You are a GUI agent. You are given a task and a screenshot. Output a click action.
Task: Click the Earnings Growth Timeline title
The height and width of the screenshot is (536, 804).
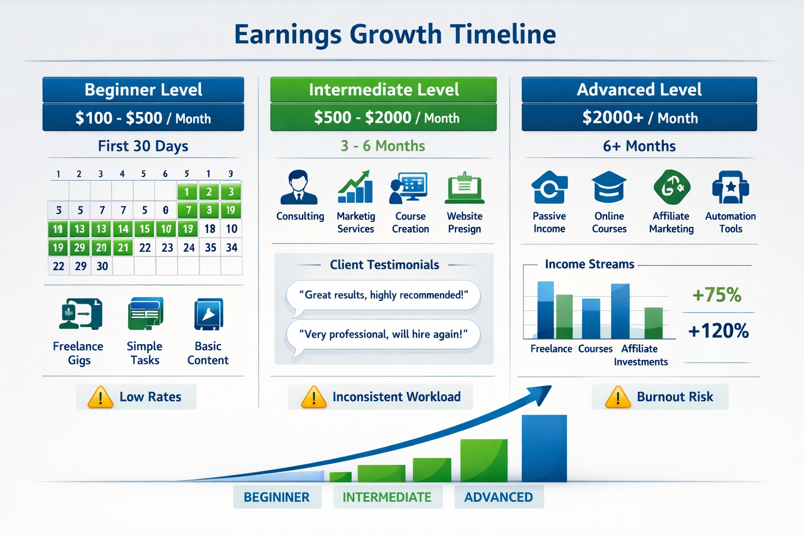[395, 35]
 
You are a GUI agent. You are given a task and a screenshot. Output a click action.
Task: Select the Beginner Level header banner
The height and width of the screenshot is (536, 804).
[143, 90]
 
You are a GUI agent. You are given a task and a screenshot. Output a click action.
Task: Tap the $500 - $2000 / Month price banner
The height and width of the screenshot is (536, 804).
[383, 117]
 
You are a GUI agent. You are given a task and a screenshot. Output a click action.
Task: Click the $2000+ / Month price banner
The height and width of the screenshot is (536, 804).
[639, 117]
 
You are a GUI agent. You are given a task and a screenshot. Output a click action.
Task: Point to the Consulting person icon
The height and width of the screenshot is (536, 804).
[299, 187]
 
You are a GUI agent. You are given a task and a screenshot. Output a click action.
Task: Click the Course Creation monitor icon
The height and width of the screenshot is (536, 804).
[409, 187]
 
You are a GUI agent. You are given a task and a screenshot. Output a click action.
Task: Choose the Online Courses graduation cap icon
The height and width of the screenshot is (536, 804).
[609, 187]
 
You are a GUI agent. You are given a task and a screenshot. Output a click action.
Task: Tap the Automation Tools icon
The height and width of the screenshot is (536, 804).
[730, 187]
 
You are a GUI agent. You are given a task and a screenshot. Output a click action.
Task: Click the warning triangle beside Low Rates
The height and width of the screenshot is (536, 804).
[100, 397]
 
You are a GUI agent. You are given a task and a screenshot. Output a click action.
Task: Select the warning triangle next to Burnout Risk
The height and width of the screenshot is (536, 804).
[618, 397]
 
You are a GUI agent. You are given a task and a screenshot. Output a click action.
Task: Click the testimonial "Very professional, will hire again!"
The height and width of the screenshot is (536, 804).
[383, 334]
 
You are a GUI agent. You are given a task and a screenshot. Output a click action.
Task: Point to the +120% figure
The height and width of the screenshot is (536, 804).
[718, 331]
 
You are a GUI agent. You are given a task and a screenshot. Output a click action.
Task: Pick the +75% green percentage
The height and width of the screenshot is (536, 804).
[717, 295]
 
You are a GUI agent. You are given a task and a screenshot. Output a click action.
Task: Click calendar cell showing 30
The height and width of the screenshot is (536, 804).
[102, 266]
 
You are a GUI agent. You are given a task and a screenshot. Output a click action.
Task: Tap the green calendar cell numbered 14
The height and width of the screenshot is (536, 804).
[123, 229]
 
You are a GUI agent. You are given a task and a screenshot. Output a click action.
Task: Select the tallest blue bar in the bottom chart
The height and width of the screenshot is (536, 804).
[544, 448]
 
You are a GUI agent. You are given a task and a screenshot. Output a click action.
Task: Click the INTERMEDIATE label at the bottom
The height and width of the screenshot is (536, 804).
[387, 497]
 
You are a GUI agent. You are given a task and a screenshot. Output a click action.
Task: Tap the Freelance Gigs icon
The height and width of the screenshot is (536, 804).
[80, 314]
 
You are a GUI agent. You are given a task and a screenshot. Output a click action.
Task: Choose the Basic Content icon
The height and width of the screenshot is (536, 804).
[208, 314]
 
